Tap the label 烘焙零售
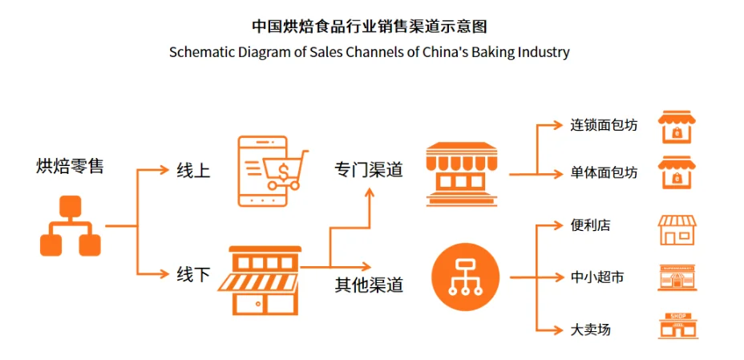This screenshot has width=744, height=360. pyautogui.click(x=71, y=166)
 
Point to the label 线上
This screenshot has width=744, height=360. pyautogui.click(x=193, y=170)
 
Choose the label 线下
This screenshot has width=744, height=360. pyautogui.click(x=193, y=274)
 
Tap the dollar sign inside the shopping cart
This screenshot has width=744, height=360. pyautogui.click(x=285, y=169)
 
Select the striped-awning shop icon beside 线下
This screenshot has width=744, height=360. pyautogui.click(x=265, y=280)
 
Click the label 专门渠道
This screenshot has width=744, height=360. pyautogui.click(x=369, y=170)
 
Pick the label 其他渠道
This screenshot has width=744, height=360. pyautogui.click(x=369, y=284)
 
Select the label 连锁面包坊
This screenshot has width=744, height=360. pyautogui.click(x=604, y=126)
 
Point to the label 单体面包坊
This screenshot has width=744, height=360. pyautogui.click(x=604, y=172)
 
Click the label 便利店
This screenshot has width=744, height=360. pyautogui.click(x=591, y=225)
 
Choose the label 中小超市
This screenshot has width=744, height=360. pyautogui.click(x=597, y=277)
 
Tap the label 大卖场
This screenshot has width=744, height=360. pyautogui.click(x=591, y=330)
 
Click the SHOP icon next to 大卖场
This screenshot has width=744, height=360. pyautogui.click(x=677, y=326)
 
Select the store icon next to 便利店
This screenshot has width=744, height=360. pyautogui.click(x=677, y=229)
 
